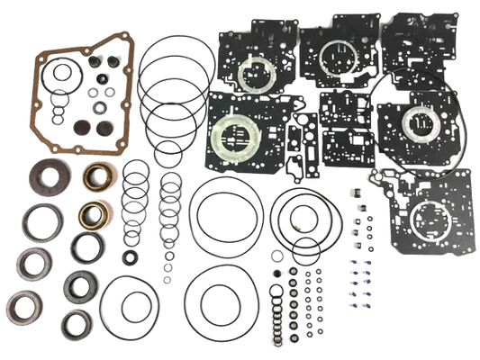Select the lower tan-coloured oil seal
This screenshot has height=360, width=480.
pos(90,214)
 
